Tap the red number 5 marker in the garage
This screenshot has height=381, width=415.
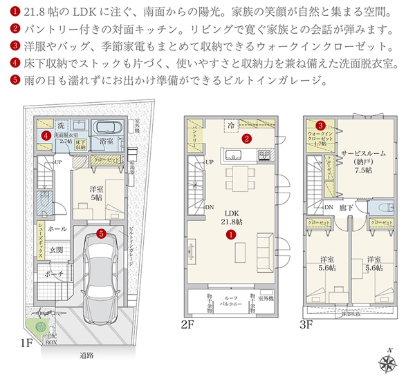tap(102, 234)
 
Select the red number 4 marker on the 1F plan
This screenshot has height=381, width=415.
tap(44, 137)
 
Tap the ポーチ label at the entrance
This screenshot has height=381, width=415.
tap(55, 273)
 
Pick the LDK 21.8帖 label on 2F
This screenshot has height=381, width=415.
tap(231, 217)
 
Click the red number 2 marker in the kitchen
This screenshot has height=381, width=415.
tap(246, 137)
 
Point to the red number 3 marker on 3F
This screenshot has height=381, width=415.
tap(320, 125)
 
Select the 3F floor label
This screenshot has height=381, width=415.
tap(306, 323)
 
